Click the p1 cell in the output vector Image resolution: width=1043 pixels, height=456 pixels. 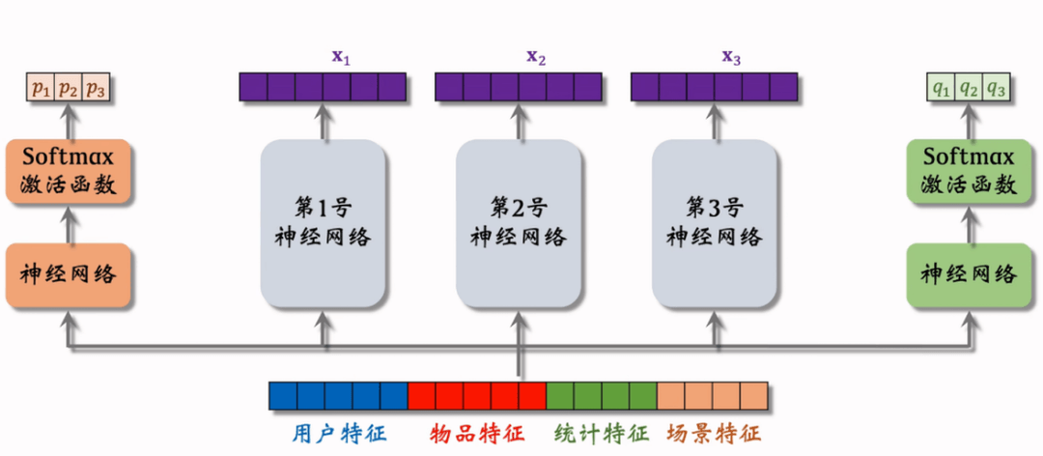click(x=40, y=90)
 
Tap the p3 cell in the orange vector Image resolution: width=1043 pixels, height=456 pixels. click(x=95, y=90)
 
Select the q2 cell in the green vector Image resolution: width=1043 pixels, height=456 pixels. click(x=970, y=90)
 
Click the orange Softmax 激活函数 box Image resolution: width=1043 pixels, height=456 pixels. click(x=68, y=171)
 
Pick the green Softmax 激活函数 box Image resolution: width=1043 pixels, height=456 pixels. click(x=970, y=171)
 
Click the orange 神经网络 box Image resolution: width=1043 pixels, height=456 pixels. click(x=68, y=273)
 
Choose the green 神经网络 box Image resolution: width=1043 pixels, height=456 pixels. click(x=970, y=273)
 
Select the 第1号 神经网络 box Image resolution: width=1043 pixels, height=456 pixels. click(x=324, y=222)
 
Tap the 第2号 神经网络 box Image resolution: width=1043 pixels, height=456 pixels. click(x=519, y=222)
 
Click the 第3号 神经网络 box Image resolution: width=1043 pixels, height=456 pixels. click(x=715, y=222)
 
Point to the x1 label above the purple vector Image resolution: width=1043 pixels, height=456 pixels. click(x=341, y=57)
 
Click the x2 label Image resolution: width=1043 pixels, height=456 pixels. click(x=536, y=57)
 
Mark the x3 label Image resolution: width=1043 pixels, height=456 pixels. click(x=731, y=57)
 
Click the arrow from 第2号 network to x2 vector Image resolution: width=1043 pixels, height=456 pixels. click(x=519, y=121)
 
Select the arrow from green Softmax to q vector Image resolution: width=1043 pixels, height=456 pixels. click(x=970, y=121)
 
